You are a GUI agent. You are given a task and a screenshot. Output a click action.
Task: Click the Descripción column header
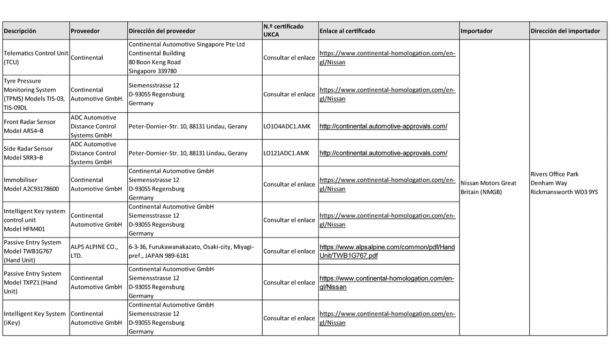(x=20, y=31)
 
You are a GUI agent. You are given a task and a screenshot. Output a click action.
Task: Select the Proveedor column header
(x=85, y=31)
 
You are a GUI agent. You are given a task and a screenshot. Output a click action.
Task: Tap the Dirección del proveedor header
(x=162, y=31)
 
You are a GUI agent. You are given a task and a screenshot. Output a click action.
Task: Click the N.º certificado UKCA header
(x=283, y=30)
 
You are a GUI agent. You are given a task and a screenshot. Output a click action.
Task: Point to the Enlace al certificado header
(x=347, y=31)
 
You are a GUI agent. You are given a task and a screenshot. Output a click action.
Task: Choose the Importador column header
(x=476, y=31)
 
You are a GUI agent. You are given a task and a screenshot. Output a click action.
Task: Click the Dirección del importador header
(x=565, y=31)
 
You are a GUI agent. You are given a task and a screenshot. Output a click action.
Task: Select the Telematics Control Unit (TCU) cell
(x=36, y=58)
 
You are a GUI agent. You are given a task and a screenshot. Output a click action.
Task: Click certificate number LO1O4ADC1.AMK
(x=286, y=126)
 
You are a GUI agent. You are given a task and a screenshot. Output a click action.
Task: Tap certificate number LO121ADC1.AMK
(x=286, y=153)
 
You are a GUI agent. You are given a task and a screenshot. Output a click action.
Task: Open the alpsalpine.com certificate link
(x=387, y=251)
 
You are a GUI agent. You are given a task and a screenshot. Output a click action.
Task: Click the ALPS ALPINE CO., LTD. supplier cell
(x=94, y=251)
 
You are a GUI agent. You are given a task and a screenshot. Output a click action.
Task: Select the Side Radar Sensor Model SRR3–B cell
(x=28, y=153)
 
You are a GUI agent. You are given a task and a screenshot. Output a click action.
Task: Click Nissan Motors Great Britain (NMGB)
(x=488, y=187)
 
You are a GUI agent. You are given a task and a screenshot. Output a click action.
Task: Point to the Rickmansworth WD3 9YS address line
(x=564, y=192)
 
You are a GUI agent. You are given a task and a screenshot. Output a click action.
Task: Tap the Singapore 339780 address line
(x=152, y=71)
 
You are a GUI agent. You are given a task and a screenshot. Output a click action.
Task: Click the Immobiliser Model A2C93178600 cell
(x=31, y=185)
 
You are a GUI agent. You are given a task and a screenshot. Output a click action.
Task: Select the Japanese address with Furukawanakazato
(x=191, y=251)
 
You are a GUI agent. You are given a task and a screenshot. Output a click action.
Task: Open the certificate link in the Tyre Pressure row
(x=387, y=94)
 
